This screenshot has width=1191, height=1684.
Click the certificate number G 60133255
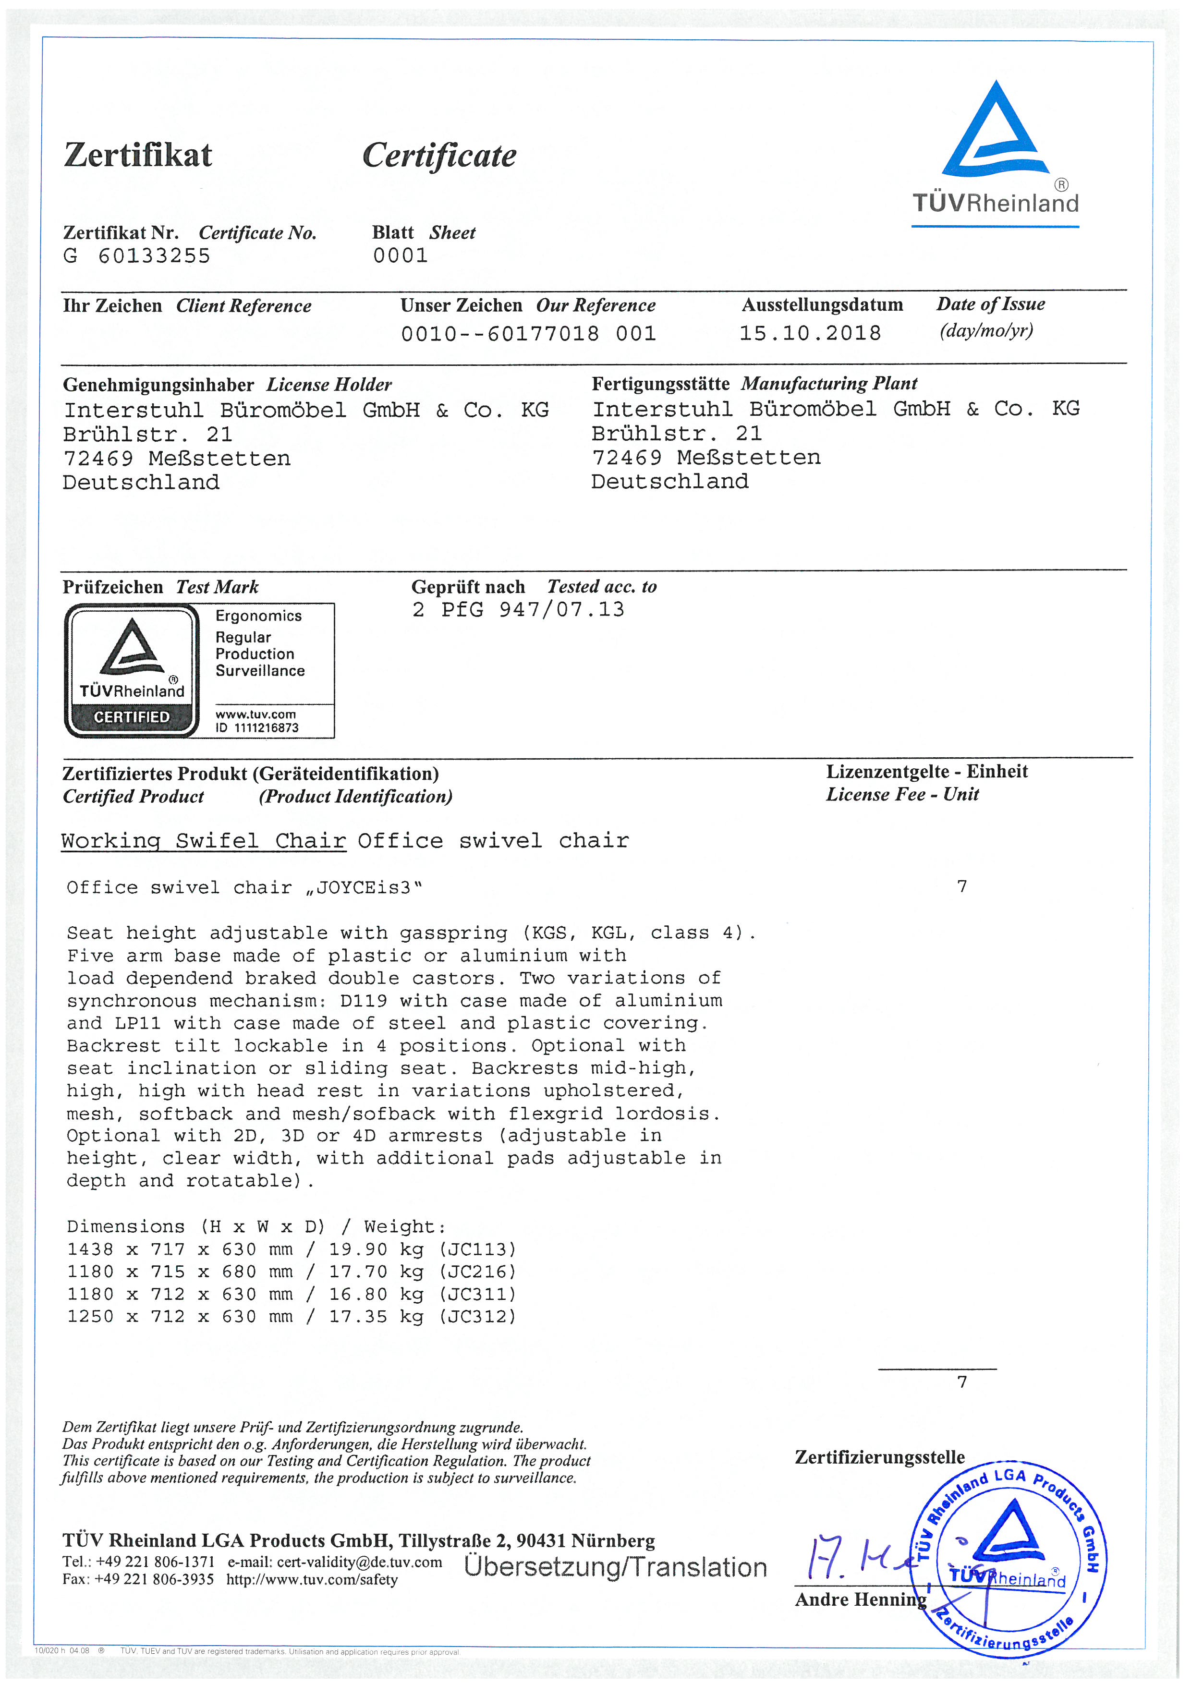coord(137,256)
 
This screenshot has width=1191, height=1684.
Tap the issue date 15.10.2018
coord(810,334)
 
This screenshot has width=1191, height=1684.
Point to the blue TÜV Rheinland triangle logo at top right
coord(995,132)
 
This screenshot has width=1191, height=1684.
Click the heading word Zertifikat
coord(138,156)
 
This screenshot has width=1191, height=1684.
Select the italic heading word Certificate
coord(439,156)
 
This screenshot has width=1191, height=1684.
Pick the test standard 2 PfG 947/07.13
coord(518,609)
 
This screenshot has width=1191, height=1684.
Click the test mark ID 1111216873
coord(257,727)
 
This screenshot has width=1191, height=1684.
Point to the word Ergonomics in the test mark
coord(258,616)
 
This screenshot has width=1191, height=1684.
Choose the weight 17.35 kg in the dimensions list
coord(376,1317)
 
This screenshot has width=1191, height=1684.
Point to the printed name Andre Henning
coord(860,1599)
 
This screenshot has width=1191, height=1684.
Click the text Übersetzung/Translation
coord(615,1567)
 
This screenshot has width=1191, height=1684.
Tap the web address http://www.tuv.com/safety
coord(312,1580)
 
